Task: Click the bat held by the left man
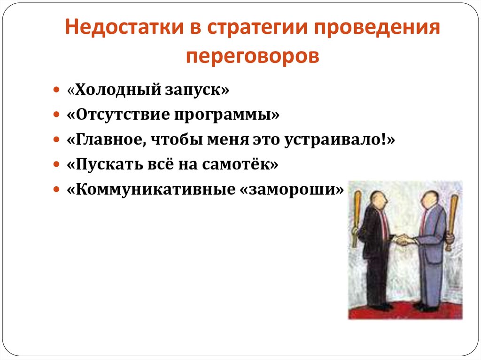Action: coord(357,218)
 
